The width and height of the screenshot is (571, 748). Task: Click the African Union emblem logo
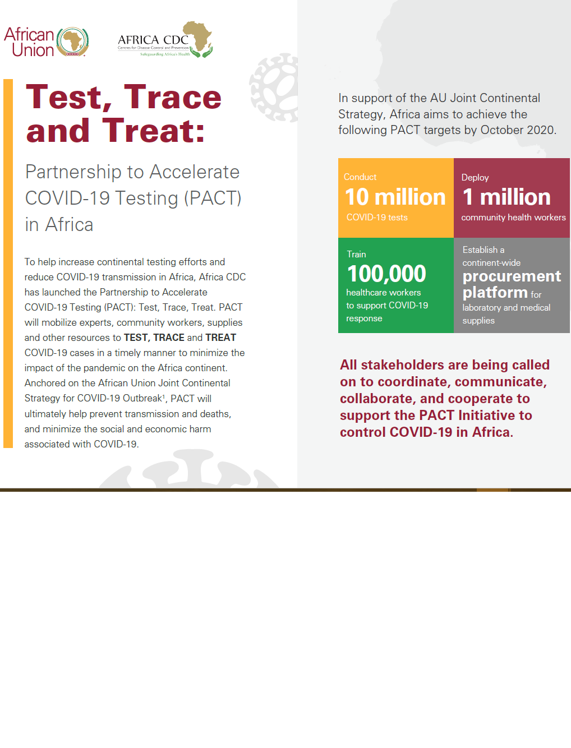coord(72,41)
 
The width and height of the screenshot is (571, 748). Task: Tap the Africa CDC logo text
coord(153,40)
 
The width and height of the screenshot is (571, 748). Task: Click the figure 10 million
coord(395,197)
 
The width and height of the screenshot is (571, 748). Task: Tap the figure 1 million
coord(506,197)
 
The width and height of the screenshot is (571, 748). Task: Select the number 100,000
coord(386,274)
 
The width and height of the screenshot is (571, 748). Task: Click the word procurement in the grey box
coord(512,276)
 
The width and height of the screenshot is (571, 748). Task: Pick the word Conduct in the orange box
coord(360,177)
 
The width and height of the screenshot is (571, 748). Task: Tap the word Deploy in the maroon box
coord(475,177)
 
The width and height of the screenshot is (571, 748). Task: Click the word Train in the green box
coord(356,255)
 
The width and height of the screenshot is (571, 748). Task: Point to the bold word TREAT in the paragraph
coord(220,338)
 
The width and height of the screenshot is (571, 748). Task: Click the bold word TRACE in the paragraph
coord(169,338)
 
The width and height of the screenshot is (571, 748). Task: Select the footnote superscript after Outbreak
coord(164,396)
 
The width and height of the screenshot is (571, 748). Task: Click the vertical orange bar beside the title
coord(8,264)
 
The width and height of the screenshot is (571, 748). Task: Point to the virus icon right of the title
coord(274,87)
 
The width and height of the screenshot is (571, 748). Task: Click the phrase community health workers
coord(513,218)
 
